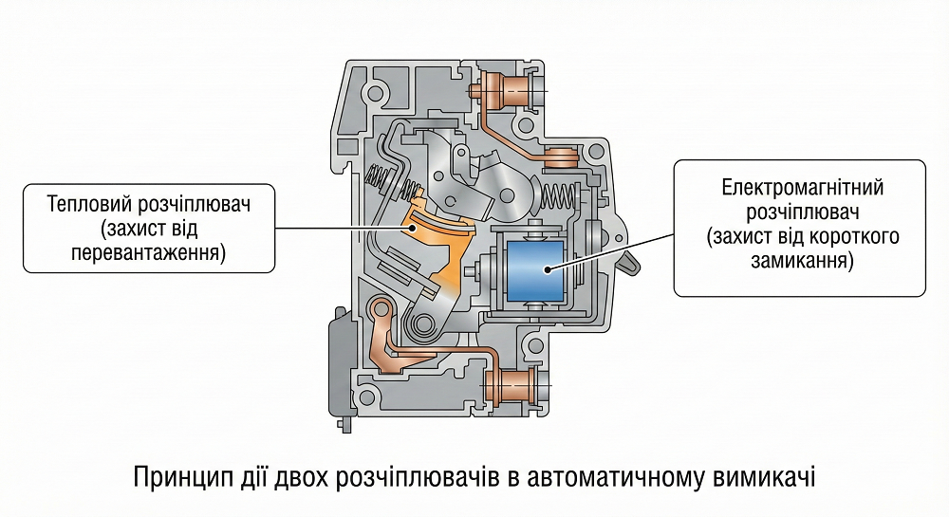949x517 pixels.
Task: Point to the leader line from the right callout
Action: coord(617,250)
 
